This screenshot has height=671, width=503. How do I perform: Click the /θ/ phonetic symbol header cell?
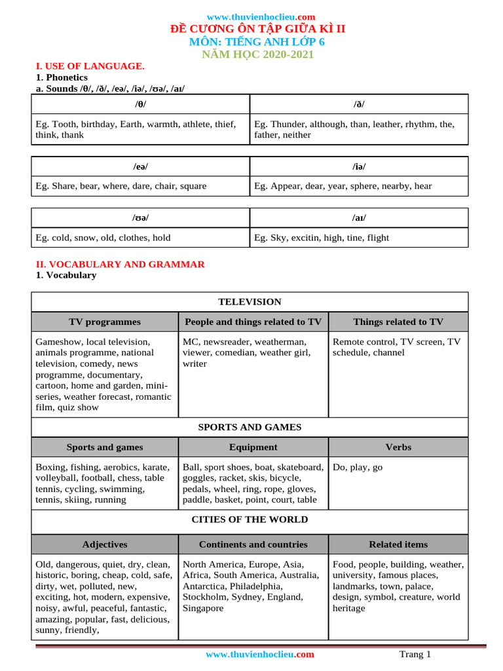point(140,104)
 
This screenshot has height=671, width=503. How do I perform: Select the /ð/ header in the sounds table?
point(359,104)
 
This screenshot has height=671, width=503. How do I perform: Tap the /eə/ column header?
point(140,166)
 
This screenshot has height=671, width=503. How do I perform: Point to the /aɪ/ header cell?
point(359,218)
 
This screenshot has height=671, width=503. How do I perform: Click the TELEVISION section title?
point(250,302)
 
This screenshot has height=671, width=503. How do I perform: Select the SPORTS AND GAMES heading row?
point(250,427)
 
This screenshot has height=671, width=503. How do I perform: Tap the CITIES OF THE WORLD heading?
point(250,520)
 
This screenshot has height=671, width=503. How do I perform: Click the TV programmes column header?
point(105,322)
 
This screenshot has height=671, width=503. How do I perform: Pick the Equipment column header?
point(253,447)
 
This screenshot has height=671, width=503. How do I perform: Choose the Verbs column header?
point(398,447)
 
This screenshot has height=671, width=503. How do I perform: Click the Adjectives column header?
point(105,545)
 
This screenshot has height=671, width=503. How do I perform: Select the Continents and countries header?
point(253,545)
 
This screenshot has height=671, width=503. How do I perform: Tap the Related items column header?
point(398,545)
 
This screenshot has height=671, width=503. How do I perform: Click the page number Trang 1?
point(415,655)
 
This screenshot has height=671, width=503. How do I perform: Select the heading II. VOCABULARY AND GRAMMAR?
point(120,264)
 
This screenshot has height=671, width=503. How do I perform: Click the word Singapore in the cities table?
point(203,608)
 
